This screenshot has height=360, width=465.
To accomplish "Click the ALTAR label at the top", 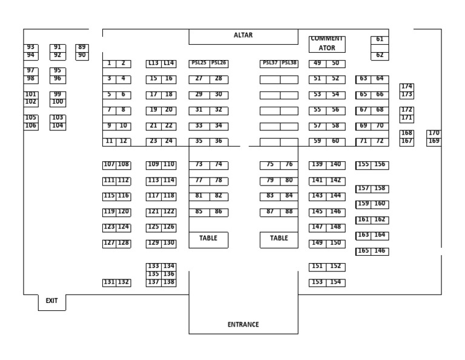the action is [243, 35].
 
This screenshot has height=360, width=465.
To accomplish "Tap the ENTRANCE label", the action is [243, 324].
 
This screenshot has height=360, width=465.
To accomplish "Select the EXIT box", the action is [51, 301].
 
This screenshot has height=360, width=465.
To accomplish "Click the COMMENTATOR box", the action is [326, 43].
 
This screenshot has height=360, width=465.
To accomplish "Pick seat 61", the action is [380, 39].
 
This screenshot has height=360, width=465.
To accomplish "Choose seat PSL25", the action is [199, 63].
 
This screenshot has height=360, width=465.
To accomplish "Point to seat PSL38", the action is [289, 63].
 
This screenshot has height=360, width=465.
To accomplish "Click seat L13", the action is [153, 63].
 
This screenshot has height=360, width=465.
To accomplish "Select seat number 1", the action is [109, 63].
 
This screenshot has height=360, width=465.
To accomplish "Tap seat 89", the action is [82, 47].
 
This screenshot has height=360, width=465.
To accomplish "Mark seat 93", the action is [30, 47].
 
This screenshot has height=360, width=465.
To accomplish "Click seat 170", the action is [434, 133].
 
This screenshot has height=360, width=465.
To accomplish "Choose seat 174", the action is [407, 87].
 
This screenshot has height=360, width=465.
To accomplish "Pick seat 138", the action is [169, 282].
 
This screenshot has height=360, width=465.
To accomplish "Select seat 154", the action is [335, 282].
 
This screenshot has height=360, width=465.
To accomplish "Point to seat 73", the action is [199, 164].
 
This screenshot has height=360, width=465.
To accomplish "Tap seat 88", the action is [289, 212].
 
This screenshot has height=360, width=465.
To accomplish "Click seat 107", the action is [109, 164].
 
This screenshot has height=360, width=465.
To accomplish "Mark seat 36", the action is [218, 141].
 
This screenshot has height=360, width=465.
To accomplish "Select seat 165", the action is [363, 251].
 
